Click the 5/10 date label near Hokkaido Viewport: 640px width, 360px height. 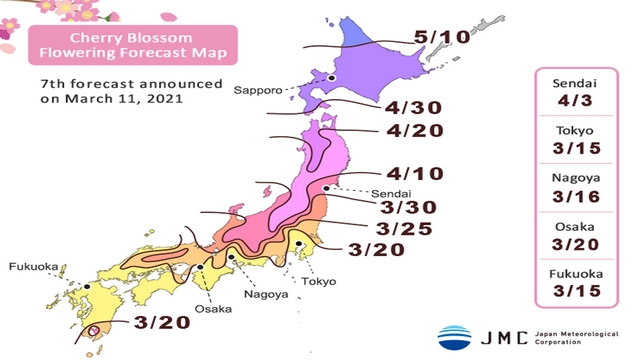tap(440, 39)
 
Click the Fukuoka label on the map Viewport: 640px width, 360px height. tap(33, 267)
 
